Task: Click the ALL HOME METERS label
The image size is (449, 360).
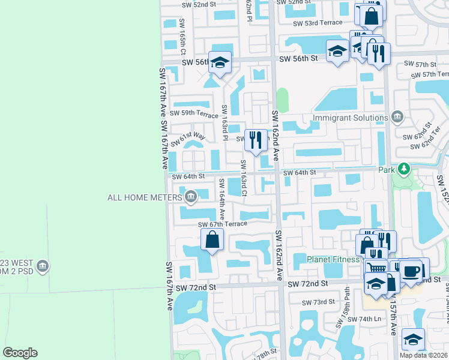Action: point(144,197)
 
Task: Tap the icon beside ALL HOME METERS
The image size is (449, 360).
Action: point(190,196)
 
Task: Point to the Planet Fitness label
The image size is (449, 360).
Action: point(334,259)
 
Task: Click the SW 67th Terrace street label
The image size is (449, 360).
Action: point(222,224)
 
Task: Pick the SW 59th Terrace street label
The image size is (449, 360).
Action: point(194,113)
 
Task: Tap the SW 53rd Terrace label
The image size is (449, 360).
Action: point(318,23)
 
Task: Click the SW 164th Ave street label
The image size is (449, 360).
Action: point(221,198)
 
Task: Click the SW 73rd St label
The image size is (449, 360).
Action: point(318,302)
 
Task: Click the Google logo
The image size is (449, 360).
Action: point(20,353)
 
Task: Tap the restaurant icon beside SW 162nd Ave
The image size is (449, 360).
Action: point(256,139)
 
